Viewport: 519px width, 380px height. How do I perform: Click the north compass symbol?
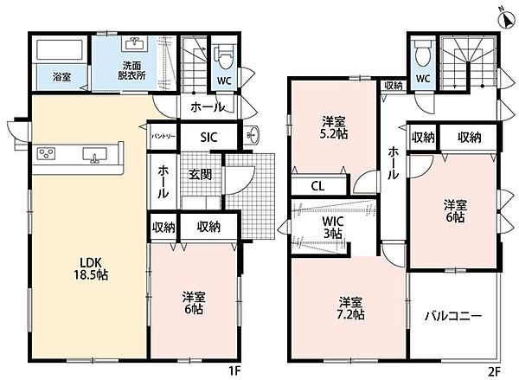[x=507, y=20]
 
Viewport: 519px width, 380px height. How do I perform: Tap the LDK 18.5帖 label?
[x=91, y=268]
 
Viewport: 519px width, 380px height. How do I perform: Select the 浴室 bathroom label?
[x=62, y=77]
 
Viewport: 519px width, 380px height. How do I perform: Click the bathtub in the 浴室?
[x=60, y=49]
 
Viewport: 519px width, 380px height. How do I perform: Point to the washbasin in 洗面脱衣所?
[x=134, y=44]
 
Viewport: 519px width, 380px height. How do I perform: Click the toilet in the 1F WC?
[x=224, y=56]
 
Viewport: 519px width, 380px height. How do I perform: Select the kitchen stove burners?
[x=46, y=153]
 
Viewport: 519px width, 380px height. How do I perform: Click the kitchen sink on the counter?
[x=95, y=155]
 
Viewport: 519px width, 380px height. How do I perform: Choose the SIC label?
[x=208, y=137]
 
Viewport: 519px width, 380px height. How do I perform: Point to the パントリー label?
[x=163, y=137]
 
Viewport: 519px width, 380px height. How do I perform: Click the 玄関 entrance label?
[x=201, y=175]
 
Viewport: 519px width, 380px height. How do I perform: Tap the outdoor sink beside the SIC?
[x=252, y=135]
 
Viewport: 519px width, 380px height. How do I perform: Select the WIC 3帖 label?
[x=333, y=228]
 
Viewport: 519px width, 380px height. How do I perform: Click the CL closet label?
[x=317, y=186]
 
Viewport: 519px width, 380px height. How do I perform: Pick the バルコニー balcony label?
[x=453, y=316]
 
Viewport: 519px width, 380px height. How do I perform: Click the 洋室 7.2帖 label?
[x=350, y=308]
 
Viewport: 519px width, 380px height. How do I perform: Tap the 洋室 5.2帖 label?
[x=334, y=127]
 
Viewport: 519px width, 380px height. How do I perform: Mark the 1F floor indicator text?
[x=234, y=370]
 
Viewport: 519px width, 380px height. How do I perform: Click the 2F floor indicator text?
[x=495, y=370]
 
